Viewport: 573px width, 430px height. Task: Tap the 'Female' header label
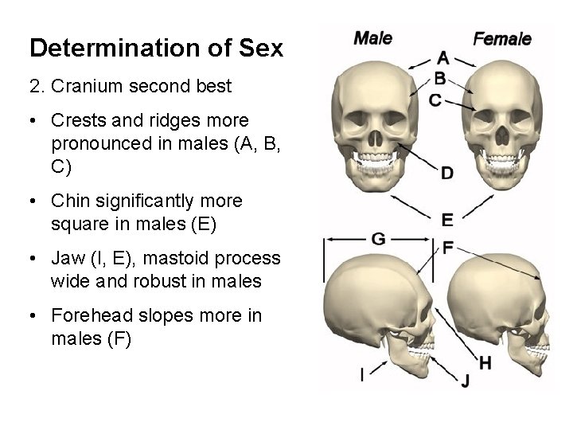pos(501,37)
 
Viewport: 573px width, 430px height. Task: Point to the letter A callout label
pos(443,57)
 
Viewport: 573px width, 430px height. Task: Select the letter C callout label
pos(435,100)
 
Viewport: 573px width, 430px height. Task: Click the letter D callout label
pos(447,173)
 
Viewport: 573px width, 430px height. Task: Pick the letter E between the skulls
pos(447,220)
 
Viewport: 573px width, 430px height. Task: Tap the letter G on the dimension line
pos(379,238)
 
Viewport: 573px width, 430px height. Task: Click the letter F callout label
pos(448,248)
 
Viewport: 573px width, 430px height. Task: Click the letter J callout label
pos(465,381)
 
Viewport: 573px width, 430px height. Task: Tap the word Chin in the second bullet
pos(68,201)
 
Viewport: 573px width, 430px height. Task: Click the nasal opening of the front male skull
pos(370,135)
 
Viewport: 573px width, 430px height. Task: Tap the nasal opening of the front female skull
pos(502,135)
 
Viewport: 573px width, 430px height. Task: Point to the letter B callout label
pos(440,78)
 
